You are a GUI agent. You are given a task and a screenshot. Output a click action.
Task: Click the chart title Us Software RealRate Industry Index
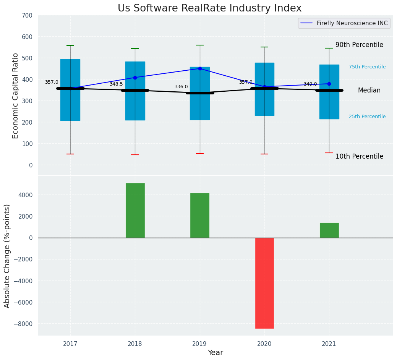pos(209,8)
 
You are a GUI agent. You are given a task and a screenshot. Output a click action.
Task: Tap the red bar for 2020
pos(264,283)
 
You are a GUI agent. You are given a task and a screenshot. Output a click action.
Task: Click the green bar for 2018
pos(135,210)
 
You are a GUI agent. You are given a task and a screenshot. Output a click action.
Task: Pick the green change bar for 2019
pos(200,215)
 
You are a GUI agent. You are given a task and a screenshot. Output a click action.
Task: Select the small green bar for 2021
pos(329,230)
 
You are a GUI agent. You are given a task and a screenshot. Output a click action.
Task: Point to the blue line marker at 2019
pos(200,68)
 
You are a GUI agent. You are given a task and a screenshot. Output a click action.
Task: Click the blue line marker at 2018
pos(135,78)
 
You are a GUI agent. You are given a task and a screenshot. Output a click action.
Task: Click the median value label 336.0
pos(181,87)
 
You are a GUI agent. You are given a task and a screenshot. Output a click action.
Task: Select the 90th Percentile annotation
pos(359,45)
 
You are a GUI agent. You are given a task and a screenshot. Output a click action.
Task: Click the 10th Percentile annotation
pos(359,156)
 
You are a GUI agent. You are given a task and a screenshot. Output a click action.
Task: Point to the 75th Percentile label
pos(367,67)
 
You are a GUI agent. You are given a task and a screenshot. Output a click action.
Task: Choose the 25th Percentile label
pos(367,117)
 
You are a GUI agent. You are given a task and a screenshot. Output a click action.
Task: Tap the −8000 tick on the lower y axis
pos(25,324)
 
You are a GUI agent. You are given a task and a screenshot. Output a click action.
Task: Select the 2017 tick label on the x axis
pos(70,344)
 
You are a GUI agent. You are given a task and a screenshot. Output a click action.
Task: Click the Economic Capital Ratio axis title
pos(16,96)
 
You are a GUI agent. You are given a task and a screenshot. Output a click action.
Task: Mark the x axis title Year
pos(216,353)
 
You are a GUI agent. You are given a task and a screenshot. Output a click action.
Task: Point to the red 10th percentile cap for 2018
pos(135,155)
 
